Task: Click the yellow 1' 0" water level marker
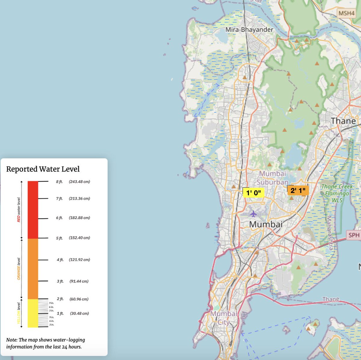click(x=253, y=193)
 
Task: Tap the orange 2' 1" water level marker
click(x=298, y=191)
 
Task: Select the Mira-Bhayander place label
click(x=249, y=30)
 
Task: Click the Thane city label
click(x=343, y=121)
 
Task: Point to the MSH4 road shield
click(x=347, y=13)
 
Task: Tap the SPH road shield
click(x=354, y=235)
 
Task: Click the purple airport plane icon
click(x=253, y=214)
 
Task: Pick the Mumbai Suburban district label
click(x=273, y=178)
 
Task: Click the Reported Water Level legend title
click(x=43, y=169)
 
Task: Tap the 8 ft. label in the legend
click(x=59, y=182)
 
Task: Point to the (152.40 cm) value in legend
click(x=79, y=238)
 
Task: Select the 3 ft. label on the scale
click(x=60, y=281)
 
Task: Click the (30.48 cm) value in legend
click(x=79, y=313)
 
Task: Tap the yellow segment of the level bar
click(x=33, y=313)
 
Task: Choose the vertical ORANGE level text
click(x=19, y=269)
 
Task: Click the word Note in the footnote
click(x=11, y=340)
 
